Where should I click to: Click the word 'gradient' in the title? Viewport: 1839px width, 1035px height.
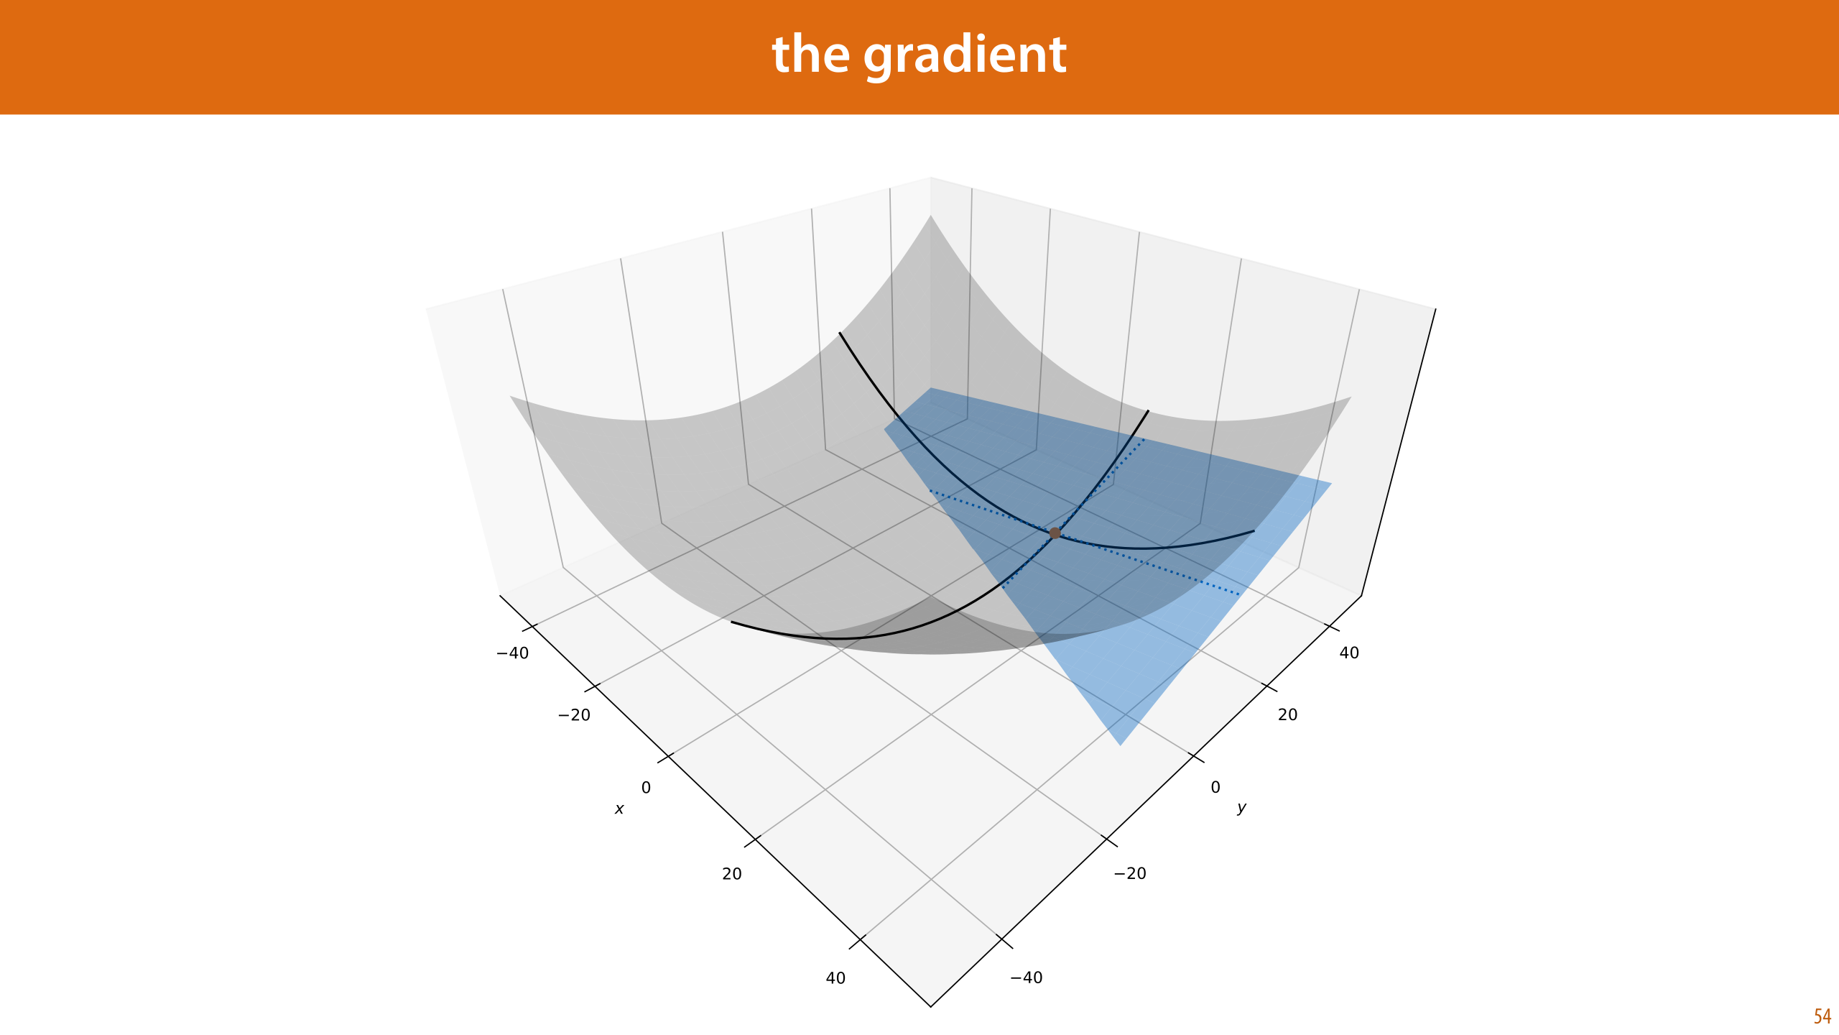[965, 57]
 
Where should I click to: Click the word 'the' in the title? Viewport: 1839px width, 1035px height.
[811, 54]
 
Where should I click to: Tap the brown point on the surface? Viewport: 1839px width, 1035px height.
[1055, 533]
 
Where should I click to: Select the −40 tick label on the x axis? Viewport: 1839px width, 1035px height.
[512, 653]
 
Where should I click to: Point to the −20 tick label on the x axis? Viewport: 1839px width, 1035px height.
[574, 715]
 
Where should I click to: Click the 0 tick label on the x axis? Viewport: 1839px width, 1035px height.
[646, 788]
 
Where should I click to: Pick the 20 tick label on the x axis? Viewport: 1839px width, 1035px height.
[732, 874]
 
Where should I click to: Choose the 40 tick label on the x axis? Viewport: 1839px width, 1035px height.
[835, 978]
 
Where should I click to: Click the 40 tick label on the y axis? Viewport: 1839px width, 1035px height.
[1349, 653]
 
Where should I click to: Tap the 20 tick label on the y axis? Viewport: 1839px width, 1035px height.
[1287, 714]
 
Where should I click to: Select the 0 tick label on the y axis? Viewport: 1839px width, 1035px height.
[1215, 787]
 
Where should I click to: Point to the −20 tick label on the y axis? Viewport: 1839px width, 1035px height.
[1130, 873]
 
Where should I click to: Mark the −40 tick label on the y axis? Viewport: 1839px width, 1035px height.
[1027, 977]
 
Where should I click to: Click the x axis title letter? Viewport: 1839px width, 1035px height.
[619, 809]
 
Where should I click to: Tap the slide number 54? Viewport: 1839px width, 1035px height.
[1822, 1016]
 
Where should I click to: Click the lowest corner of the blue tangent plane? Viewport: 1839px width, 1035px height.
[1121, 745]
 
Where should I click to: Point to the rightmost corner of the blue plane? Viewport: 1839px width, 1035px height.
[1331, 483]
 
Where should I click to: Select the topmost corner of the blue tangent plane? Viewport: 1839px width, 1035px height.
[931, 388]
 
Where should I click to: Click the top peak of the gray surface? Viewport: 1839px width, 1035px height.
[931, 216]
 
